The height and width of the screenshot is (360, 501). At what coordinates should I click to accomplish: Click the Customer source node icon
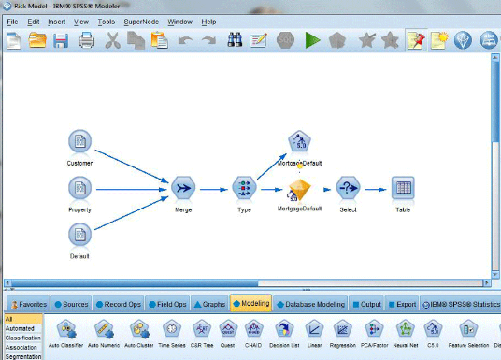(79, 143)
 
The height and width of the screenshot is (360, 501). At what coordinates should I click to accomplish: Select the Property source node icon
(79, 188)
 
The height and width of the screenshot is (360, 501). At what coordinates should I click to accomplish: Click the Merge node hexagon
(182, 188)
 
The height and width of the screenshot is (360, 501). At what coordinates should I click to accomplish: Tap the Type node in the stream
(245, 188)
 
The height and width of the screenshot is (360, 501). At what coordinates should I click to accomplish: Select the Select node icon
(348, 188)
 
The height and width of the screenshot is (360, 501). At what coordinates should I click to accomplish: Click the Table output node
(403, 188)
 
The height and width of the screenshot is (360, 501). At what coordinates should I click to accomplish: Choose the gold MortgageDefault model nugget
(298, 190)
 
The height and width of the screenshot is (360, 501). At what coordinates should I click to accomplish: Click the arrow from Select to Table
(376, 188)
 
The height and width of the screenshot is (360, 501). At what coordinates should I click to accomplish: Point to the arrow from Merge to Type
(214, 188)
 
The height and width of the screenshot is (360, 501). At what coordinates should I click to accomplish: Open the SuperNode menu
(141, 21)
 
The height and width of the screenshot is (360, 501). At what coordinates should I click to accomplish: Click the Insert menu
(56, 21)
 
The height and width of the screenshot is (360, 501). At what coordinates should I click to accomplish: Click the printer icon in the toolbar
(86, 41)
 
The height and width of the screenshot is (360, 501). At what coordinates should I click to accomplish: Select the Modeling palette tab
(251, 304)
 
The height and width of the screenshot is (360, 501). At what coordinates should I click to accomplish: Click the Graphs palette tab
(210, 304)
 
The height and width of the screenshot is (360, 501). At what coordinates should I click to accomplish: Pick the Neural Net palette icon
(406, 330)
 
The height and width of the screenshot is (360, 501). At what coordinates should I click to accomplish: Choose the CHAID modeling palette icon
(252, 330)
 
